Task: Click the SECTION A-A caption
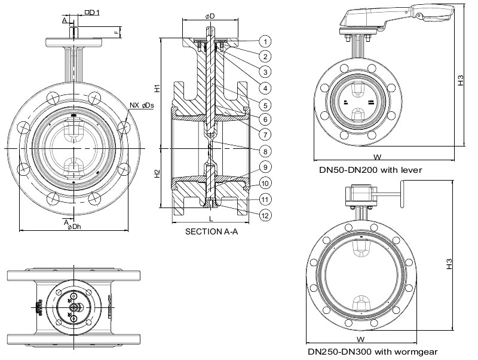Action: pos(212,231)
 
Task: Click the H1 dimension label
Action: pos(157,88)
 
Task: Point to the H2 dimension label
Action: pos(157,174)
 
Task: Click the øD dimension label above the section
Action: pos(211,14)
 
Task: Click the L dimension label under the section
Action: pos(211,218)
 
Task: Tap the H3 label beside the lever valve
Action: pos(461,80)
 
